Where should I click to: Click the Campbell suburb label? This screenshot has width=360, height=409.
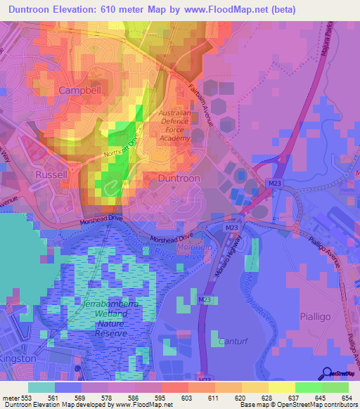pyautogui.click(x=81, y=91)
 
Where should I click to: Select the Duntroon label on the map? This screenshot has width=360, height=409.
pyautogui.click(x=179, y=178)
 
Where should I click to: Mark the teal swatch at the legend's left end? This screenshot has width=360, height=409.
pyautogui.click(x=41, y=387)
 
